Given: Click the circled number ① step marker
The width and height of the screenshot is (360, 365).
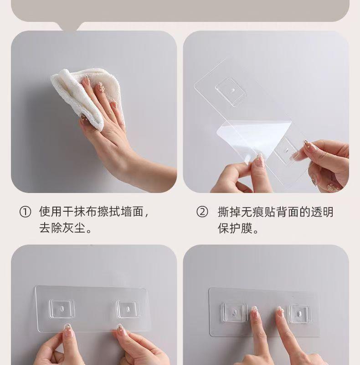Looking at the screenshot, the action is [x=25, y=212].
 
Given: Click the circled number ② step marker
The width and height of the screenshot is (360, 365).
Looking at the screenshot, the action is [x=202, y=212].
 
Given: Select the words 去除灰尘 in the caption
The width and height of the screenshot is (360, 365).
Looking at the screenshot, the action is [x=62, y=228].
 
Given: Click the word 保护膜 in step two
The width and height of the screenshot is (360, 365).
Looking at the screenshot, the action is [x=235, y=228].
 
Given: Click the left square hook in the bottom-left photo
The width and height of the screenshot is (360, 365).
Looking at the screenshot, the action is [x=62, y=309].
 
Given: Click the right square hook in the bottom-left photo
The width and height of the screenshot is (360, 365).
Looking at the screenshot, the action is [x=128, y=309].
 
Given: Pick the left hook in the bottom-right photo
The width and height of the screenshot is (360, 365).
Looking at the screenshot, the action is [x=234, y=312].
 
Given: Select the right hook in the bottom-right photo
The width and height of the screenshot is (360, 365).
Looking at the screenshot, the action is [x=300, y=313].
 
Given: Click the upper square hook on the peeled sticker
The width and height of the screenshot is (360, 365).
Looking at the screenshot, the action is [x=231, y=91].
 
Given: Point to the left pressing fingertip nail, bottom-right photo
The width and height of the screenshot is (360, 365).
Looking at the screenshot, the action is [x=255, y=312].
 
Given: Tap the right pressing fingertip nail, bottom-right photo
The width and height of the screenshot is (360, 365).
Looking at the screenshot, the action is [x=280, y=311].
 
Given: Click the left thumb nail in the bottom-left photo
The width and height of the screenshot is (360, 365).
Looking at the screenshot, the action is [x=68, y=328].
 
